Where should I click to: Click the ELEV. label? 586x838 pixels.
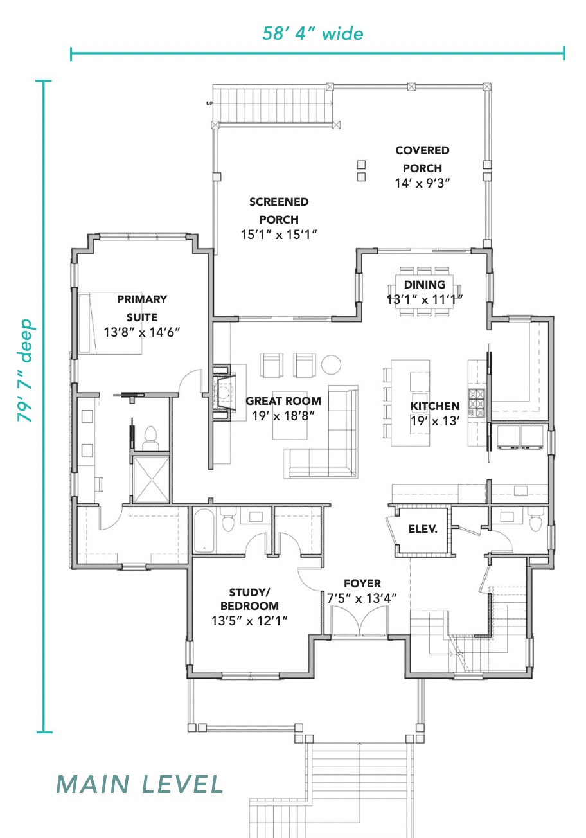coord(423,529)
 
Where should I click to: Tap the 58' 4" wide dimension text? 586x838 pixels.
coord(313,33)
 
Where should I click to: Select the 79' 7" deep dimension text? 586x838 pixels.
coord(26,370)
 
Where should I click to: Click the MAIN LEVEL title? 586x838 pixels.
coord(140,785)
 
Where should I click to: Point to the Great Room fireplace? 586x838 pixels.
coord(224,393)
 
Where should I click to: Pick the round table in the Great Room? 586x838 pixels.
coord(332,364)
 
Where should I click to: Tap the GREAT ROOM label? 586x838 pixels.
coord(283,401)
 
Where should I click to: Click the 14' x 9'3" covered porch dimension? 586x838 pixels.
coord(423,183)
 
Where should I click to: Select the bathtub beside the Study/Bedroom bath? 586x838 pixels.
coord(204,530)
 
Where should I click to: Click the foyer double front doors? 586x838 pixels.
coord(359,621)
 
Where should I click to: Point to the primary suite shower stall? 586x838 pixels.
coord(151,479)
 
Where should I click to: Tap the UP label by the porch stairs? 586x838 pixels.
coord(209,103)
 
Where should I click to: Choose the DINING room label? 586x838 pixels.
coord(425,285)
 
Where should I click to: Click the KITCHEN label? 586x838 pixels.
coord(435,406)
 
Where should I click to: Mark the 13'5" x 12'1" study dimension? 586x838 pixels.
coord(249,621)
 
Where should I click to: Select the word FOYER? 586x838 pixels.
coord(362,584)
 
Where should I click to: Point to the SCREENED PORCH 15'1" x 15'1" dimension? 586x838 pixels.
coord(279,235)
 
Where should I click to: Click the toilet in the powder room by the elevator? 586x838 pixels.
coord(535,519)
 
